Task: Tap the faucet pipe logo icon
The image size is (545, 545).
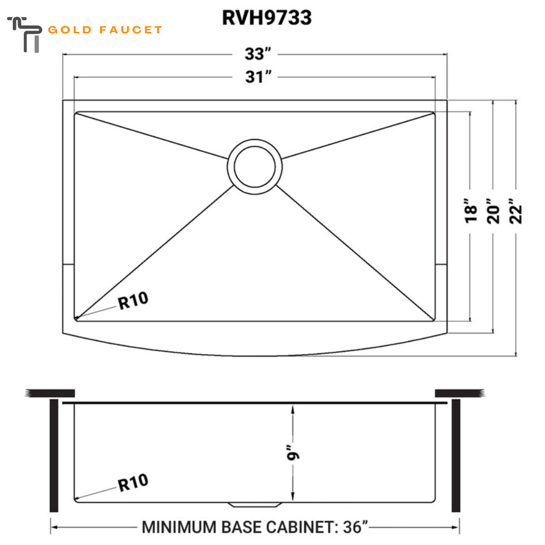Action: (24, 34)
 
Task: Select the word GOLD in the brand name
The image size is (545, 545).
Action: (70, 30)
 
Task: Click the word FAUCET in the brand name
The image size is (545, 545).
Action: (130, 30)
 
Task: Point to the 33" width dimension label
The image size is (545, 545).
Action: (257, 54)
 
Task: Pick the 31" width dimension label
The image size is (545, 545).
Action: (258, 77)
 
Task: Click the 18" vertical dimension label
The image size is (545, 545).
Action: (471, 211)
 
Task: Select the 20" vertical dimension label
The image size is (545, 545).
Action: (493, 211)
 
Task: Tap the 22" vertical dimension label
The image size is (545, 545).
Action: (515, 211)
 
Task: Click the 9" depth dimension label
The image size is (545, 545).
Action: (293, 452)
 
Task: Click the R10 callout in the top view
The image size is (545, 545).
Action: (133, 301)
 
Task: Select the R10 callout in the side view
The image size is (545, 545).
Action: (133, 482)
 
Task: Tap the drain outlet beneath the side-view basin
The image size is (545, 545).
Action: (255, 505)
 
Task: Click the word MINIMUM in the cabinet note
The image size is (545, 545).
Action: (179, 527)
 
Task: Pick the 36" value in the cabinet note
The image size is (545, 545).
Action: (355, 527)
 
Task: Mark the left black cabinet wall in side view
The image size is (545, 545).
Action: (54, 455)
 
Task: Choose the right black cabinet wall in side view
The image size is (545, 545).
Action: (456, 455)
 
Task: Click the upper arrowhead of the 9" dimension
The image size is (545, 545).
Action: (293, 410)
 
